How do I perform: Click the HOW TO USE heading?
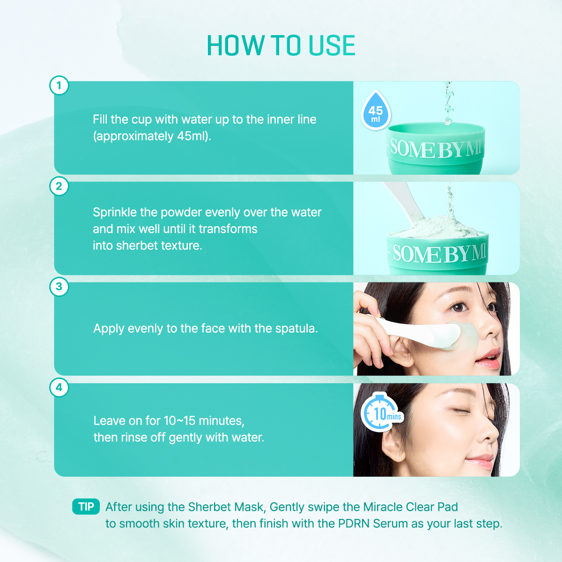coord(281,46)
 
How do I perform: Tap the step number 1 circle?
coord(59,86)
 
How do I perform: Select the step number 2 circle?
coord(59,186)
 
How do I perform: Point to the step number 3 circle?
coord(59,287)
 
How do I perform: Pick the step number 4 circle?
coord(59,387)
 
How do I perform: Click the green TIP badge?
coord(86,507)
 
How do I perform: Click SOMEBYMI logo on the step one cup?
coord(436,149)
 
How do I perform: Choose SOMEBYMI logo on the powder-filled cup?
coord(439,253)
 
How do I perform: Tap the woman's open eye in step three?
coord(458,307)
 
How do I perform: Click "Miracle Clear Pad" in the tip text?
coord(410,507)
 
